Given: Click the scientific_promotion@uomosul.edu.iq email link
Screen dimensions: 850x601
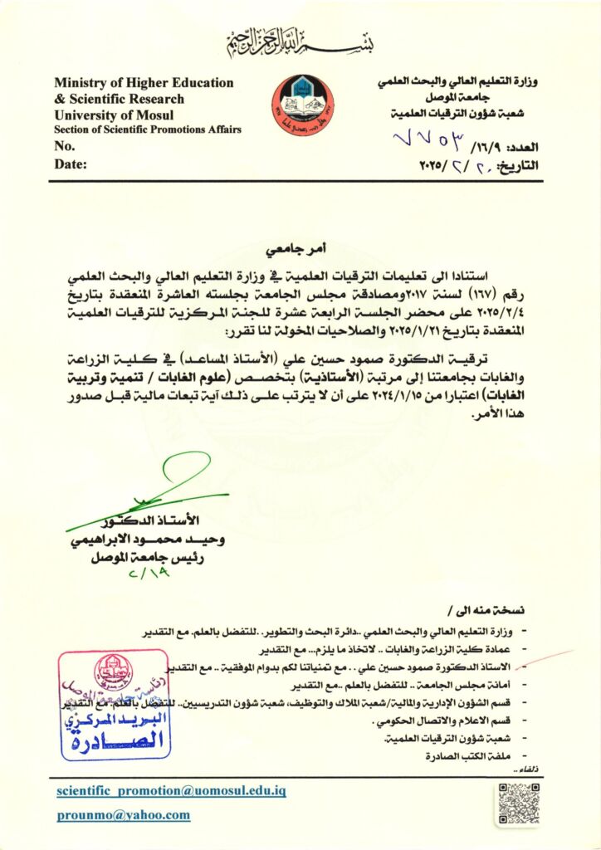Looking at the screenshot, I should click(172, 791).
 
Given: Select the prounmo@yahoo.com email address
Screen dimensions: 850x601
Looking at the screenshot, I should click(124, 815).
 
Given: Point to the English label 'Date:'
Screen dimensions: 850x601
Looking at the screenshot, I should click(71, 164).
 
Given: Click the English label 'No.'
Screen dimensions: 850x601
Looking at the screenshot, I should click(65, 146).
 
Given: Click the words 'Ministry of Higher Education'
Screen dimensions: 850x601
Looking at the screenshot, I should click(144, 83).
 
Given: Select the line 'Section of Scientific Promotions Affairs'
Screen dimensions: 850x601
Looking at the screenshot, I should click(148, 130).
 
